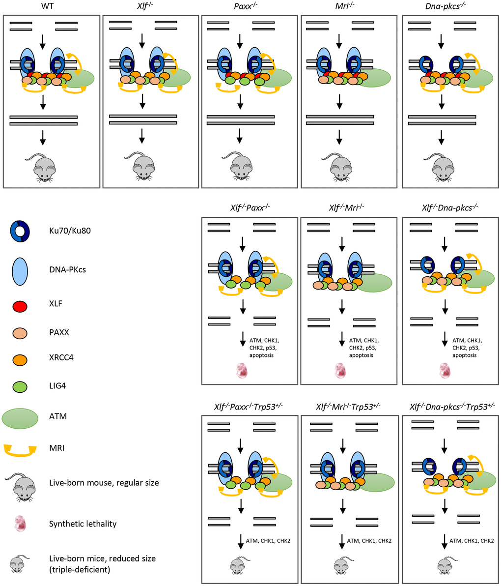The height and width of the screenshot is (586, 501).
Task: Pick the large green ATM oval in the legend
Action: point(21,416)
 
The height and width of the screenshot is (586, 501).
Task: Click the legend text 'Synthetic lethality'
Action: point(83,524)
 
